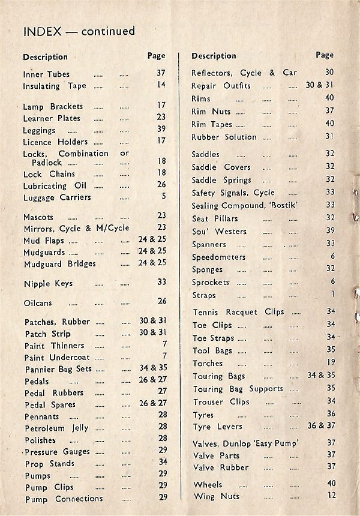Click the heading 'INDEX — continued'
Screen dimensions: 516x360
tap(79, 31)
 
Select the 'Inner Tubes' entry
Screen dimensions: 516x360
tap(46, 74)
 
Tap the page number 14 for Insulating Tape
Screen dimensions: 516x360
tap(161, 85)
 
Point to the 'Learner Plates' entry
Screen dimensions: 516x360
tap(52, 118)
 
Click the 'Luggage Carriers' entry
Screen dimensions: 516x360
tap(57, 197)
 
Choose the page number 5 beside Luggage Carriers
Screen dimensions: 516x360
tap(163, 196)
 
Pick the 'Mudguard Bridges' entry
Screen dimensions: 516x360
tap(60, 263)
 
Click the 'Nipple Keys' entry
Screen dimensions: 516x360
tap(48, 283)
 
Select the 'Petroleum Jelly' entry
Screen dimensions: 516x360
tap(56, 428)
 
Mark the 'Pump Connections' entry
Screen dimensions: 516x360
tap(64, 499)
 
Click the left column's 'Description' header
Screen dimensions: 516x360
tap(46, 57)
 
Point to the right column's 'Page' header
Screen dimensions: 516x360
tap(325, 55)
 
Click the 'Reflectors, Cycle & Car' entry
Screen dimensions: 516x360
tap(244, 73)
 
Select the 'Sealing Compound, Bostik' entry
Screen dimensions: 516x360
tap(245, 206)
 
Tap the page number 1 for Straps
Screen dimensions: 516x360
tap(332, 295)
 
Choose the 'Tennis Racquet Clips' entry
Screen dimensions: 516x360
tap(239, 312)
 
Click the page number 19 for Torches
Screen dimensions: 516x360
tap(330, 362)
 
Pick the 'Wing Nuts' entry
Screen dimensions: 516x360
tap(217, 496)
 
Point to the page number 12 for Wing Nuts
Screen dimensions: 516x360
tap(330, 495)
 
